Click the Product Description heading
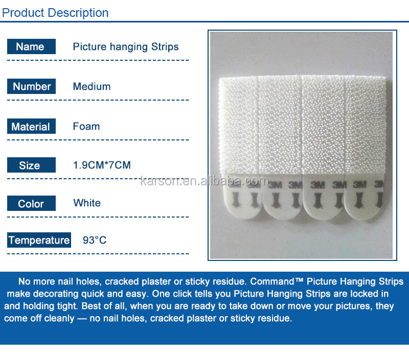(x=55, y=13)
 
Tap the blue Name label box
(x=31, y=47)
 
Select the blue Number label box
(x=31, y=86)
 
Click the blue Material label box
(x=31, y=127)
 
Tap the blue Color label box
(x=31, y=204)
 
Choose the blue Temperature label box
(x=38, y=240)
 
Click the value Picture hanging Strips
(x=126, y=47)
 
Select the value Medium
(x=92, y=86)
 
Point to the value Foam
(x=86, y=126)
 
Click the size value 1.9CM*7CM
(x=102, y=165)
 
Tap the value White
(x=87, y=203)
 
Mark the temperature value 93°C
(x=95, y=240)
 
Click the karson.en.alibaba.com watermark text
(x=203, y=181)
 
